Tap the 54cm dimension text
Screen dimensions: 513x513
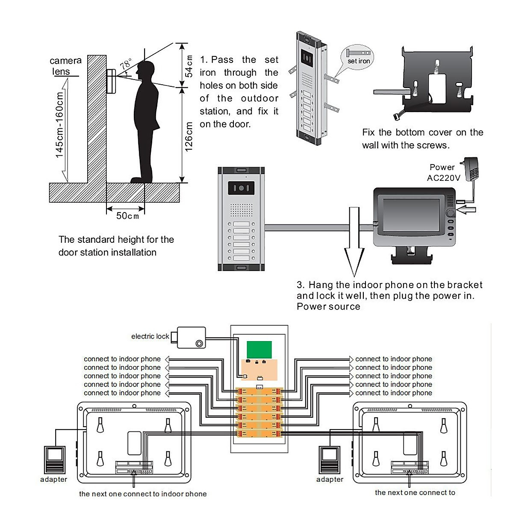coord(189,66)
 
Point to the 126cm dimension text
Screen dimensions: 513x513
coord(189,137)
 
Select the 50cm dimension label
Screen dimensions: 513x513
coord(127,216)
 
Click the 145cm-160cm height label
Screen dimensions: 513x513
coord(59,125)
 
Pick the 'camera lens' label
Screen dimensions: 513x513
coord(65,66)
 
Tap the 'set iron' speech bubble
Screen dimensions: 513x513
coord(357,57)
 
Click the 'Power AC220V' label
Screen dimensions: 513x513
coord(443,172)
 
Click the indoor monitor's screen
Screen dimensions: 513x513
coord(411,216)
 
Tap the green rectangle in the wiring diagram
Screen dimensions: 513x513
coord(259,350)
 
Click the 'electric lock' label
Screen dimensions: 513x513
coord(150,336)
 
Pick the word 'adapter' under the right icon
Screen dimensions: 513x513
coord(330,479)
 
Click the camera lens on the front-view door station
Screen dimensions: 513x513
coord(241,188)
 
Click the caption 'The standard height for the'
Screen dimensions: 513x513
coord(116,239)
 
